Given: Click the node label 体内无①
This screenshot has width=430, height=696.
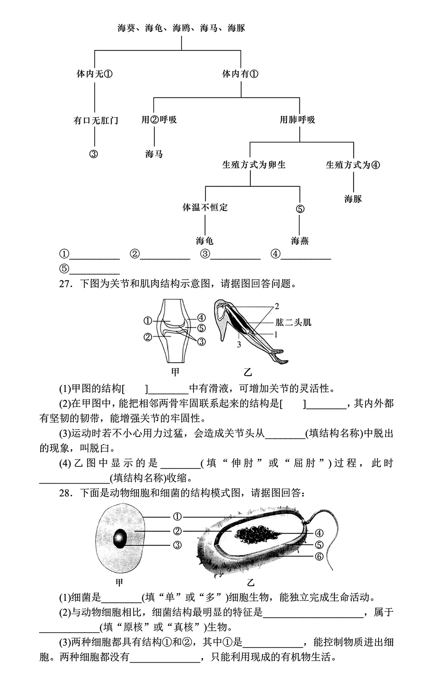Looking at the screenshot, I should pos(94,74).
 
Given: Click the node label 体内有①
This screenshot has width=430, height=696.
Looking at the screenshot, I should pos(240,74).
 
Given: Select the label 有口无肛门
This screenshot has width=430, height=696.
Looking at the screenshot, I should pos(96,120).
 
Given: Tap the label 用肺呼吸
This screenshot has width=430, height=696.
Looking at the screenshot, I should pos(297,119).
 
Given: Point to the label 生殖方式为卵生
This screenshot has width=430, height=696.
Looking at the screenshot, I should pos(254,165).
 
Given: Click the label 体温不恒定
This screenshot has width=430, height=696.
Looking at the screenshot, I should pos(205,207).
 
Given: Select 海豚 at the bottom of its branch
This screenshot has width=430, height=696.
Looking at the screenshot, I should pos(353,199).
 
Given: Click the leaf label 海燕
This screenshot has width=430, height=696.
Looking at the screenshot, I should pos(300,241).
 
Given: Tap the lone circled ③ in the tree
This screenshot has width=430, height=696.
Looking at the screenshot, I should pos(94,154).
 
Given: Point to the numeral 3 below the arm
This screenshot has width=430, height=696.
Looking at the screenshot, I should pos(239,345).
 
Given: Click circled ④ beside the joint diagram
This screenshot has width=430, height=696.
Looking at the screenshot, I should pos(201,318).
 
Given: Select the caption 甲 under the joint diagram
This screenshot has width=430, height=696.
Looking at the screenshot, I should pos(175,372).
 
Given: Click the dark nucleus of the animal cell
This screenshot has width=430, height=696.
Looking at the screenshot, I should pos(120,538).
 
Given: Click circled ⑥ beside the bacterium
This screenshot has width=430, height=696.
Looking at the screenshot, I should pos(319,556).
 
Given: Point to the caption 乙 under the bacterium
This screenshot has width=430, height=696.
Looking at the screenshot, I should pos(250,583).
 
